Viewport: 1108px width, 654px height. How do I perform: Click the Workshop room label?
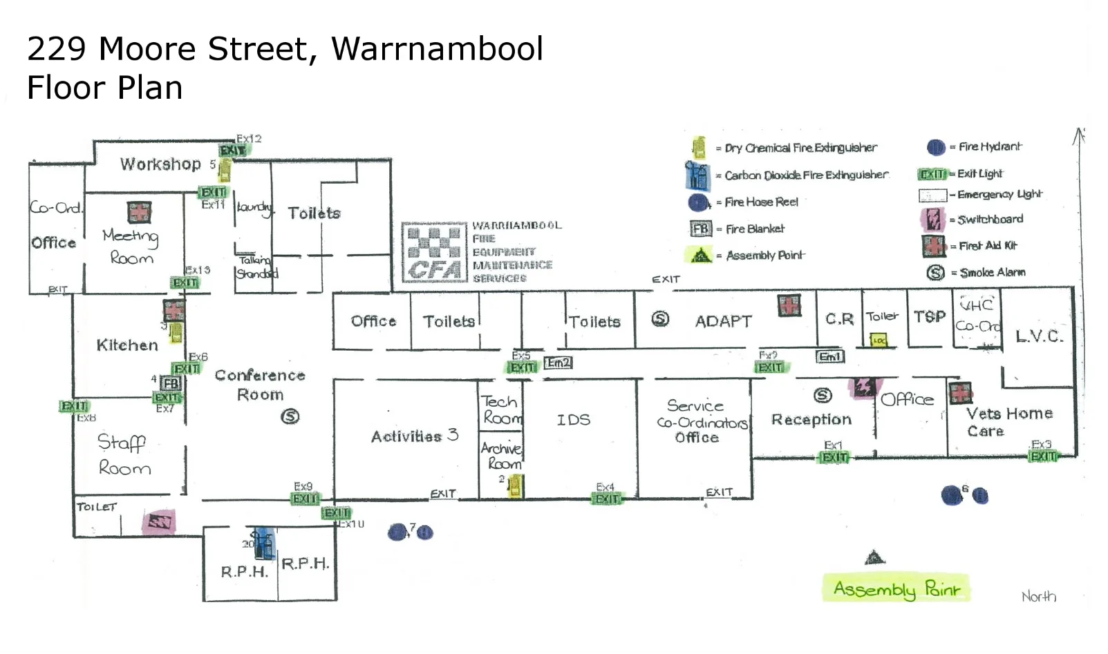point(160,164)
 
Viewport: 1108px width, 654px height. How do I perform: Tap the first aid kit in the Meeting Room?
point(139,212)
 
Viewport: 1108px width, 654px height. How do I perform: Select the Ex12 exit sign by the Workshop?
point(232,151)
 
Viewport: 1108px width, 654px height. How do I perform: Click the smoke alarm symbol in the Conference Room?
point(290,416)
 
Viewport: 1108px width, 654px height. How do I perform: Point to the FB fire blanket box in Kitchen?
point(171,383)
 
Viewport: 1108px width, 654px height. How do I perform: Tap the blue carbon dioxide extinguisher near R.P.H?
point(263,544)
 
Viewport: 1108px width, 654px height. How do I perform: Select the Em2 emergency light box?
point(558,363)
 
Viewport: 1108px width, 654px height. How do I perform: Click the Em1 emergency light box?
point(829,357)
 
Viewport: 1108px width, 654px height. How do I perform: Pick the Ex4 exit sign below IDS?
point(607,499)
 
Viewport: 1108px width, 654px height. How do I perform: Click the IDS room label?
point(573,420)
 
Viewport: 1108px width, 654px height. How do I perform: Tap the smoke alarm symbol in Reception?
point(823,395)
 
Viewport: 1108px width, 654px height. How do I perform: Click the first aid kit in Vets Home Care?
point(960,393)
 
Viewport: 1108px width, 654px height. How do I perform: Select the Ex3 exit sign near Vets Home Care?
point(1043,456)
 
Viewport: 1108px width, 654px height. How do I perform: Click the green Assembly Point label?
point(896,589)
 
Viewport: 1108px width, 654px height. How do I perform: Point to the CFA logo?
point(435,253)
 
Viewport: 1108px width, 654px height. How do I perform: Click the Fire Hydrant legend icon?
point(936,147)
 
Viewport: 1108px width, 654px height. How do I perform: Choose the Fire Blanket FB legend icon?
point(700,229)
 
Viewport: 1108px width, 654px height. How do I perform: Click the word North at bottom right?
point(1038,597)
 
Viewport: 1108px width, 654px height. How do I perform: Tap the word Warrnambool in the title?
point(437,49)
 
